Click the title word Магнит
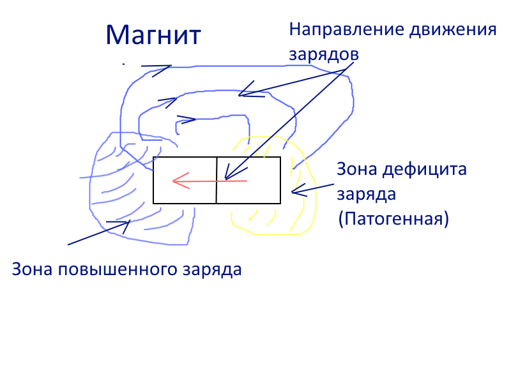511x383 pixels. click(x=153, y=35)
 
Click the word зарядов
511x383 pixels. click(x=324, y=54)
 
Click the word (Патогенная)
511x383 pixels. click(x=394, y=219)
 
